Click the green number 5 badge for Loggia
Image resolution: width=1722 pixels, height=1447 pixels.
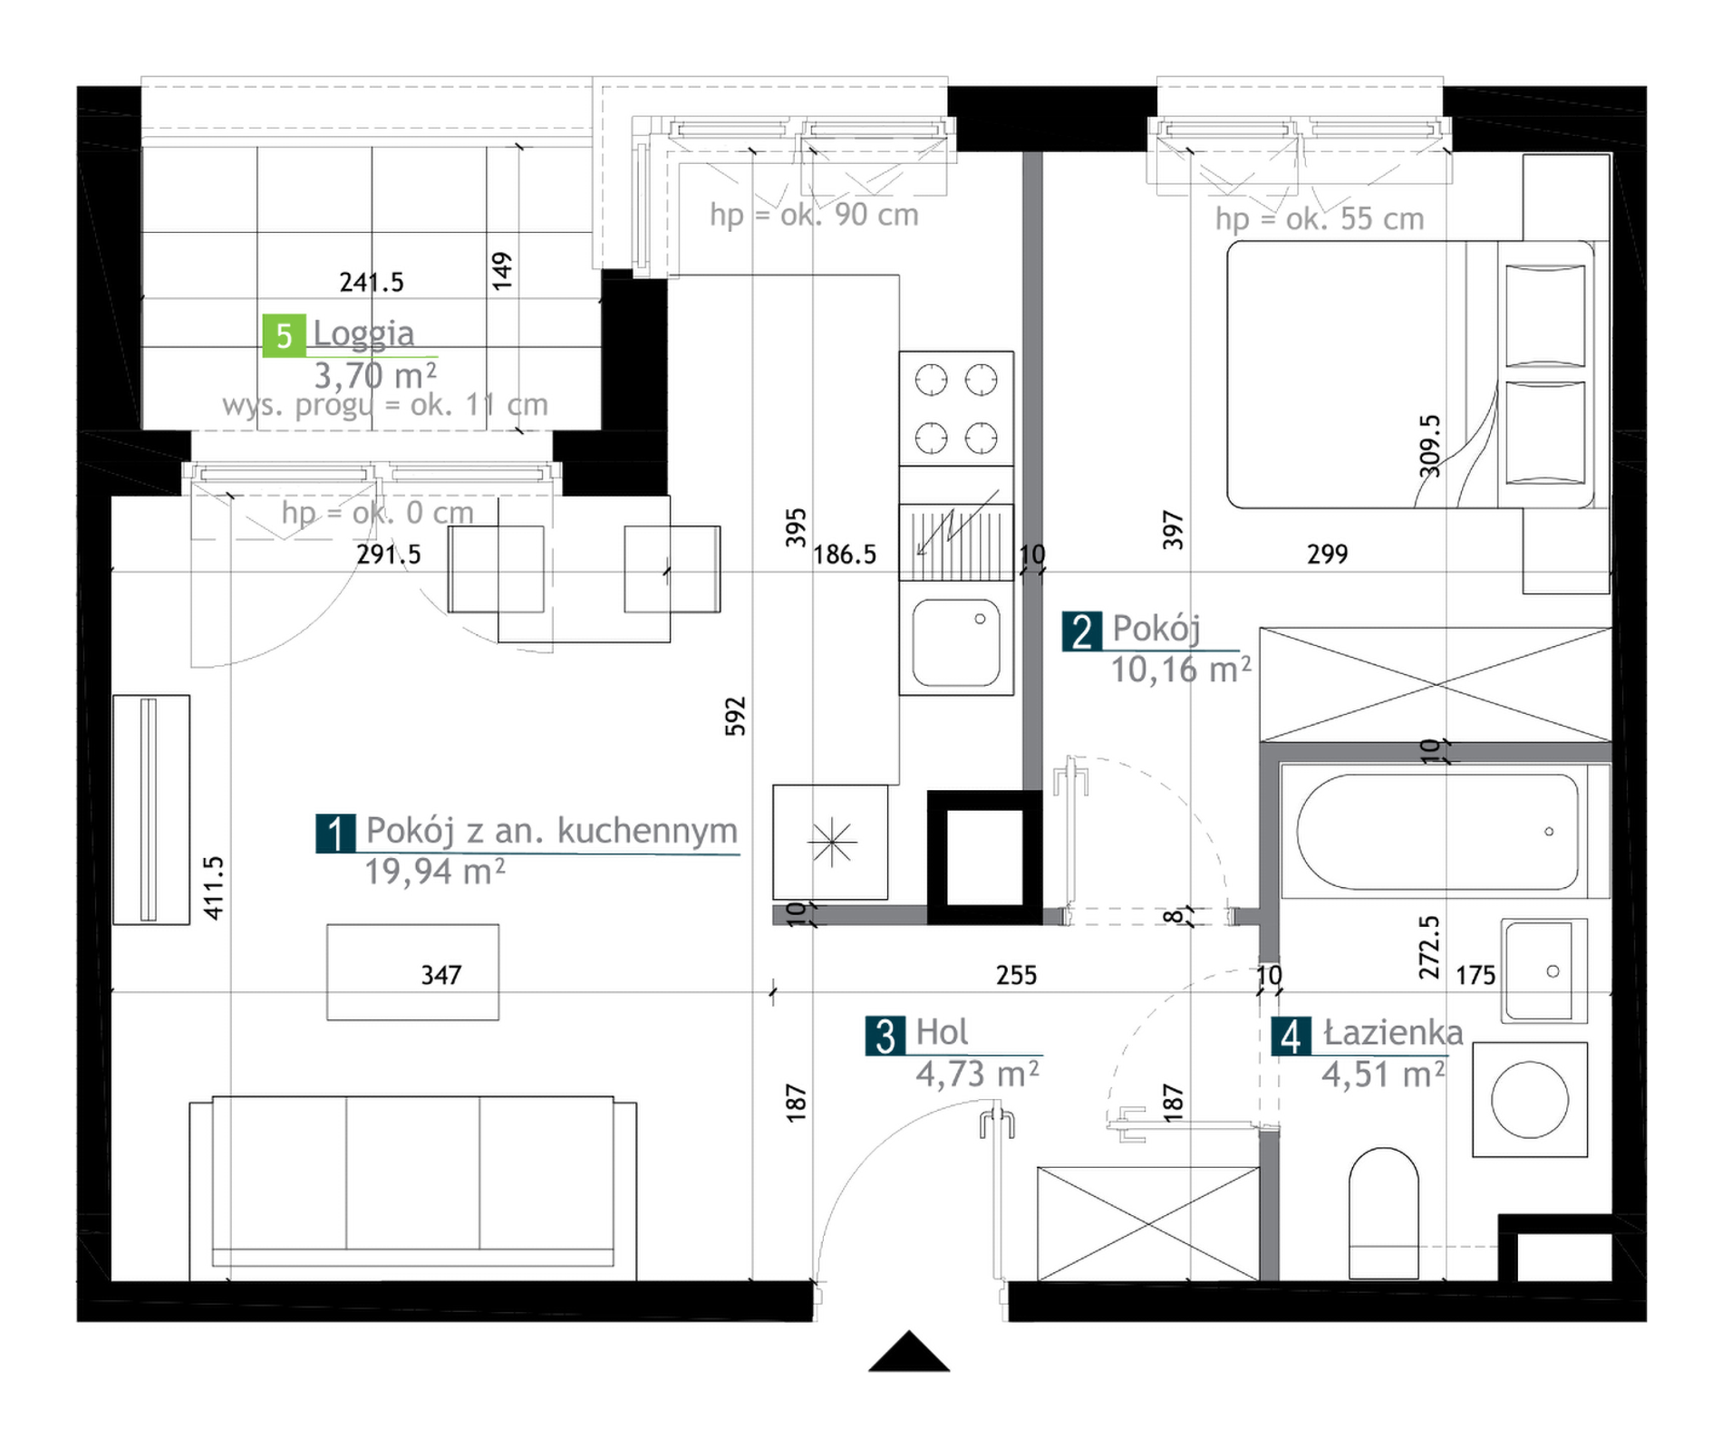284,335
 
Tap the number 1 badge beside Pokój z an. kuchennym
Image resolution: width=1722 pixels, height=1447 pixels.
336,834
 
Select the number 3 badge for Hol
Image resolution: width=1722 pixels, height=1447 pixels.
885,1036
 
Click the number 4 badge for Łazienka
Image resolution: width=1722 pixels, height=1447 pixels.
1291,1036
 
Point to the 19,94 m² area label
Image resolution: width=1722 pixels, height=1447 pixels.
434,872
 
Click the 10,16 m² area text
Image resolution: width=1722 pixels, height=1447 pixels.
1181,670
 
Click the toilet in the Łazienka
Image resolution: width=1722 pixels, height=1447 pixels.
1383,1213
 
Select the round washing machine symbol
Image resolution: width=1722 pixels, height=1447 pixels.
1530,1099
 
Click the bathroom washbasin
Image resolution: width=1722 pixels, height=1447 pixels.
1544,971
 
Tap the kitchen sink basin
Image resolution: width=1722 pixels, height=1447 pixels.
956,642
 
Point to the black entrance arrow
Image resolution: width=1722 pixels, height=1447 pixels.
909,1351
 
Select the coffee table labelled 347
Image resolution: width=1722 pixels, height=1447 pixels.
412,972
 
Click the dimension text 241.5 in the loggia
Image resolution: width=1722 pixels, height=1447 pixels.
372,283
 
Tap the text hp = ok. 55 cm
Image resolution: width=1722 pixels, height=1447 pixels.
1320,218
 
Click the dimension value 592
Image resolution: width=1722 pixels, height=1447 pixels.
735,716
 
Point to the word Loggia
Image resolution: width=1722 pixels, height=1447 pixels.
363,333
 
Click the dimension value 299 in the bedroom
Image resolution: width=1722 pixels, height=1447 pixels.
1328,554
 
